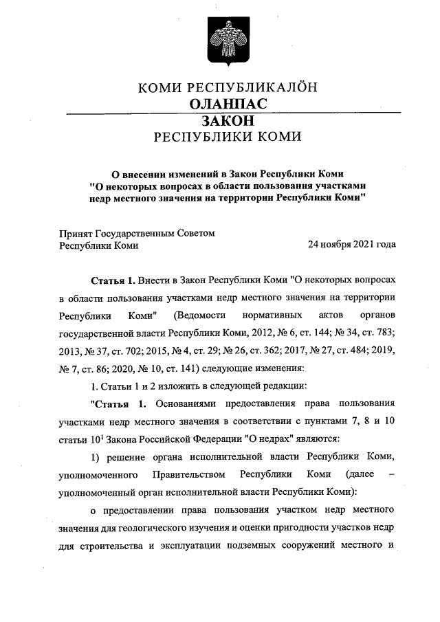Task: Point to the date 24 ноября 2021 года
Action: [351, 245]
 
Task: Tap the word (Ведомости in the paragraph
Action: [201, 316]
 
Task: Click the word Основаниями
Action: [184, 403]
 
